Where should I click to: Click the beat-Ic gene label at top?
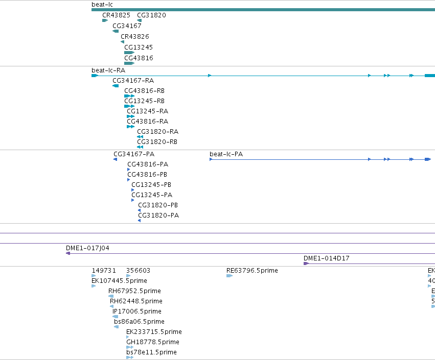pyautogui.click(x=102, y=5)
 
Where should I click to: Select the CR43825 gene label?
pyautogui.click(x=116, y=15)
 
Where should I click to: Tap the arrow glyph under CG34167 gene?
pyautogui.click(x=116, y=31)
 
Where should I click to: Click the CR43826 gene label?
pyautogui.click(x=135, y=37)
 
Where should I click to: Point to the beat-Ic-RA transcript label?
pyautogui.click(x=108, y=70)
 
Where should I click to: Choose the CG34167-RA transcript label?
pyautogui.click(x=133, y=81)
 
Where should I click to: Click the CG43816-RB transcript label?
pyautogui.click(x=144, y=91)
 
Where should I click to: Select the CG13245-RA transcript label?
pyautogui.click(x=148, y=111)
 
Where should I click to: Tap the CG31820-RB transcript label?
pyautogui.click(x=157, y=142)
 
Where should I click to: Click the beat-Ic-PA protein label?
pyautogui.click(x=226, y=154)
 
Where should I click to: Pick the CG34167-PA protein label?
pyautogui.click(x=134, y=154)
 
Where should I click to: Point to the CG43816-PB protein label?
pyautogui.click(x=147, y=175)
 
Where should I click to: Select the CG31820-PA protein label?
pyautogui.click(x=158, y=215)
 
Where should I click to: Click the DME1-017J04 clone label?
pyautogui.click(x=87, y=248)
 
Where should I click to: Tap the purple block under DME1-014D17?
pyautogui.click(x=306, y=263)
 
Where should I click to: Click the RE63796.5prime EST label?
pyautogui.click(x=252, y=271)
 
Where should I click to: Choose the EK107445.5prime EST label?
pyautogui.click(x=119, y=281)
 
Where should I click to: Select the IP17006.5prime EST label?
pyautogui.click(x=137, y=311)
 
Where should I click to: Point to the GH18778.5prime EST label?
pyautogui.click(x=153, y=342)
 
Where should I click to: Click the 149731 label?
pyautogui.click(x=104, y=271)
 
